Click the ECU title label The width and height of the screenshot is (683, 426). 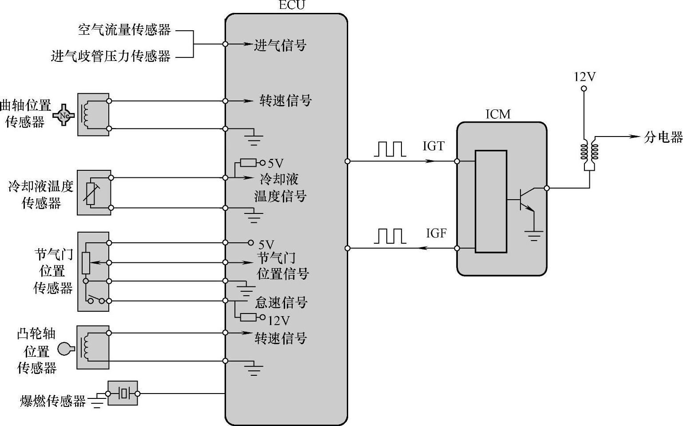(x=292, y=5)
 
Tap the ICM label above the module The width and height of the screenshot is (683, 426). (x=498, y=114)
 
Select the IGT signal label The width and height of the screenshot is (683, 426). (x=433, y=146)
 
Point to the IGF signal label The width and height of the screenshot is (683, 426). (x=436, y=233)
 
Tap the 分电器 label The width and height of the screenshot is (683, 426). (x=663, y=137)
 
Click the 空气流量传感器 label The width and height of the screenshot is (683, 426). (x=124, y=30)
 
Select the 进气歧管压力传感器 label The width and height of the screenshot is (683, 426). (x=111, y=56)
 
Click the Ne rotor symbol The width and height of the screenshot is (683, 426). (x=64, y=115)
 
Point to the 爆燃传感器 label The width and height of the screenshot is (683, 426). (x=53, y=402)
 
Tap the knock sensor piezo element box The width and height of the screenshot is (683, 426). (x=123, y=393)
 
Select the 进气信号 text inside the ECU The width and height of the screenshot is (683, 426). (x=280, y=45)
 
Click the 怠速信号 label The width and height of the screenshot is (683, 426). (x=281, y=303)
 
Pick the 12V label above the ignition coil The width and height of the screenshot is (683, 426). (x=584, y=77)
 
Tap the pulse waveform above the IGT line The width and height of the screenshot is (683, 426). (x=389, y=149)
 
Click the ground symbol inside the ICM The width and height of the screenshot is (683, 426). (x=533, y=235)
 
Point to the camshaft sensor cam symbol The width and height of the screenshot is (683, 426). (x=65, y=349)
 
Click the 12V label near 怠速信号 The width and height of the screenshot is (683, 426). (x=279, y=320)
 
